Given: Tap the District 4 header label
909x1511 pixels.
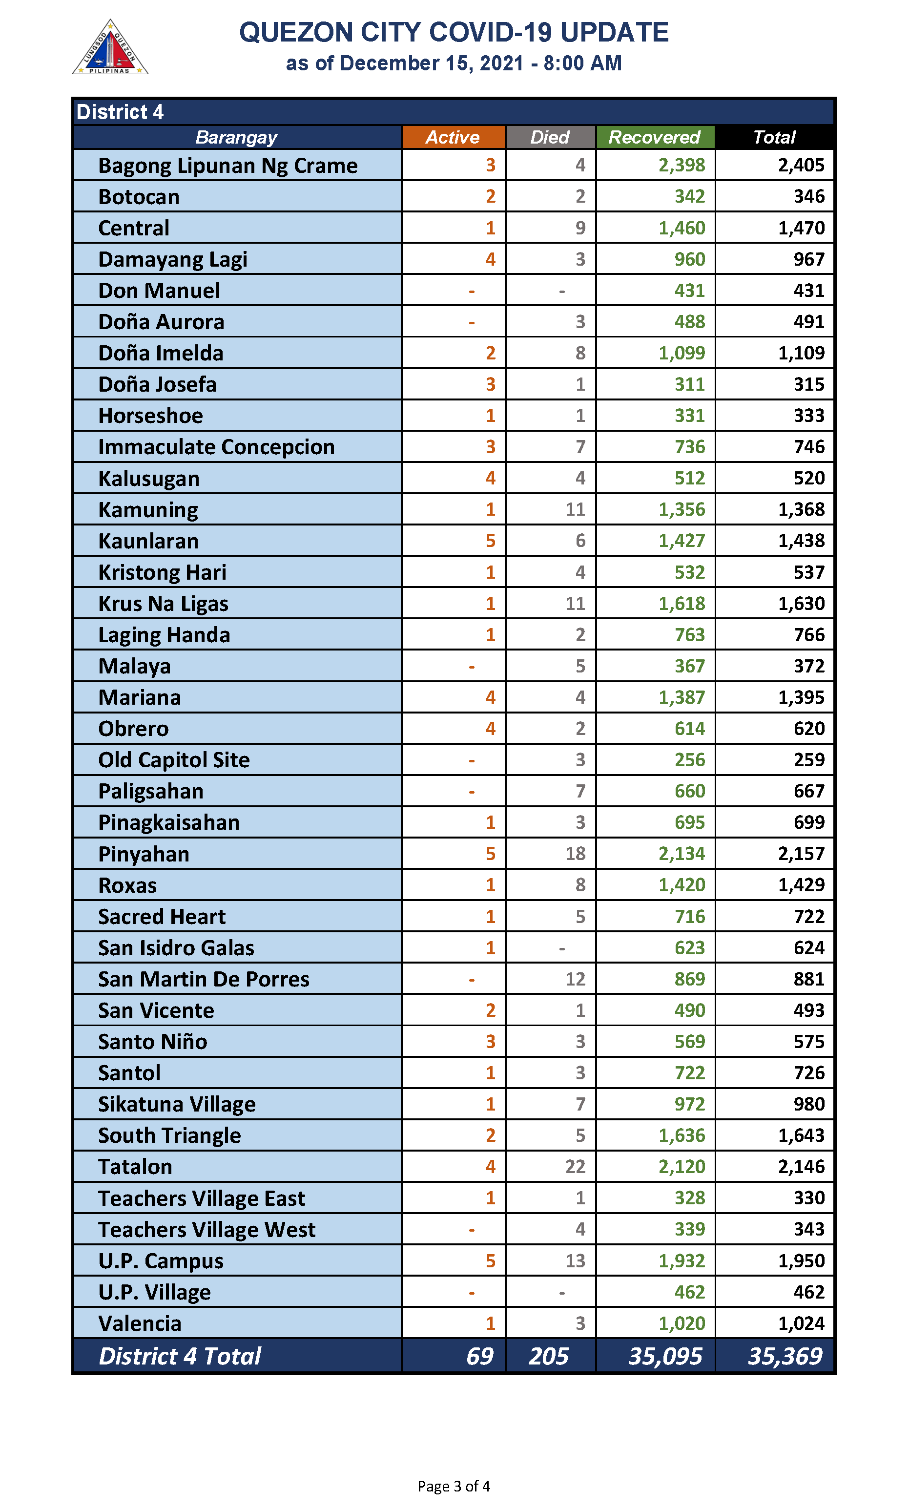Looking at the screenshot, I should pos(120,112).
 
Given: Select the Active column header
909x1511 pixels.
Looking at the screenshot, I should pos(453,137).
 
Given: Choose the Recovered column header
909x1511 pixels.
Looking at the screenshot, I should pos(654,137).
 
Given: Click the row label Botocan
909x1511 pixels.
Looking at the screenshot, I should pos(139,197).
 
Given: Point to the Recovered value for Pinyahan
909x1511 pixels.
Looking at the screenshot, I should pos(681,854).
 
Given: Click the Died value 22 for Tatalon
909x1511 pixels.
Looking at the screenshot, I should pos(575,1166).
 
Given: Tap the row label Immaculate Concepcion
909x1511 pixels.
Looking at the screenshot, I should pos(216,447).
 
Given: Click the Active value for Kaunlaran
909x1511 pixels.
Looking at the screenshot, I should pos(490,541).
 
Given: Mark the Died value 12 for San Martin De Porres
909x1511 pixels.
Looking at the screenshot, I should pos(575,979).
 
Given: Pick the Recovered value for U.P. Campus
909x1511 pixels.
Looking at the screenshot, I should pos(681,1260).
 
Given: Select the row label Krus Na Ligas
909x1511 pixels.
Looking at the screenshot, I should pos(163,604).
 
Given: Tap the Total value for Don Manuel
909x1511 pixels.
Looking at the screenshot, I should pos(808,291).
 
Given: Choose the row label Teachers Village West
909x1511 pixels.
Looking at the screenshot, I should pos(207,1229).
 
